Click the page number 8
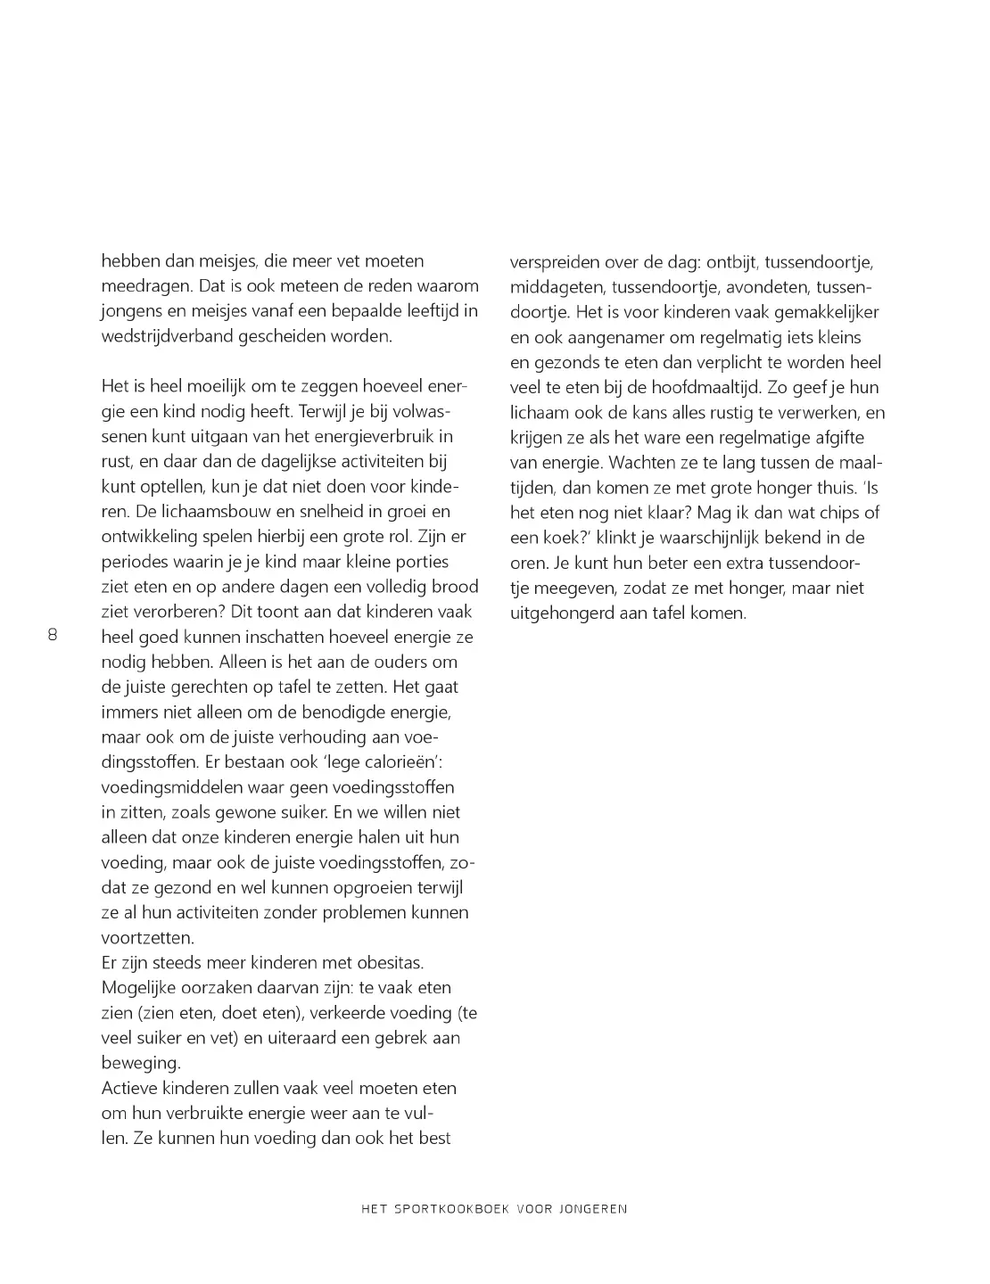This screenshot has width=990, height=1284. pos(52,636)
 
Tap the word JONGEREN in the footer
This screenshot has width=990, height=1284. pos(593,1209)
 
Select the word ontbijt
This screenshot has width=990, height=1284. pos(730,263)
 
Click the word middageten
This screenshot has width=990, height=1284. pos(556,288)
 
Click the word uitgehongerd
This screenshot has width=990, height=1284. pos(561,613)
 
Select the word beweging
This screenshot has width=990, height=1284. pos(140,1063)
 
